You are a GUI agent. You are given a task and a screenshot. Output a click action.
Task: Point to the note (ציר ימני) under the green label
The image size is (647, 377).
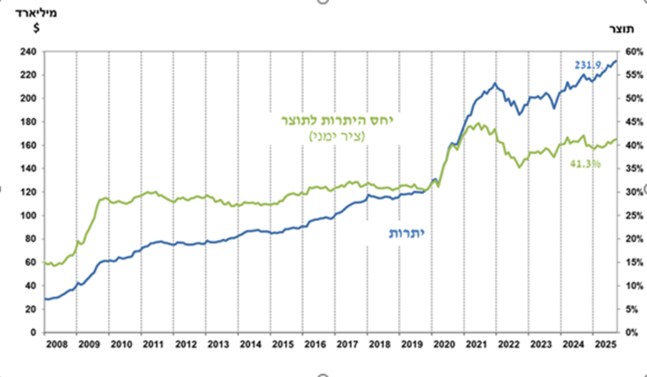coord(336,136)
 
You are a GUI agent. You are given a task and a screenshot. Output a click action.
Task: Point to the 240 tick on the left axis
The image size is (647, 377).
coord(29,52)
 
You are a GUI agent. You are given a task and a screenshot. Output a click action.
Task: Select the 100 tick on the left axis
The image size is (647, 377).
coord(29,216)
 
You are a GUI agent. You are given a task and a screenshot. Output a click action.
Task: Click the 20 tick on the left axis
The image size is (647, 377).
coord(31,309)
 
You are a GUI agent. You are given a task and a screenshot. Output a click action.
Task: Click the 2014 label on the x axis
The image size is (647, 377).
coord(251,344)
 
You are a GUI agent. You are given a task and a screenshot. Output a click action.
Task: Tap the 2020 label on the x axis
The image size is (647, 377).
coord(445,344)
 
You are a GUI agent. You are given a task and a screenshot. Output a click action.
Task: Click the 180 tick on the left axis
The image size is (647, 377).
coord(29,122)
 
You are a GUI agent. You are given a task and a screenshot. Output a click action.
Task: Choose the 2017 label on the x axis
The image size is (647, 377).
coord(348,344)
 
